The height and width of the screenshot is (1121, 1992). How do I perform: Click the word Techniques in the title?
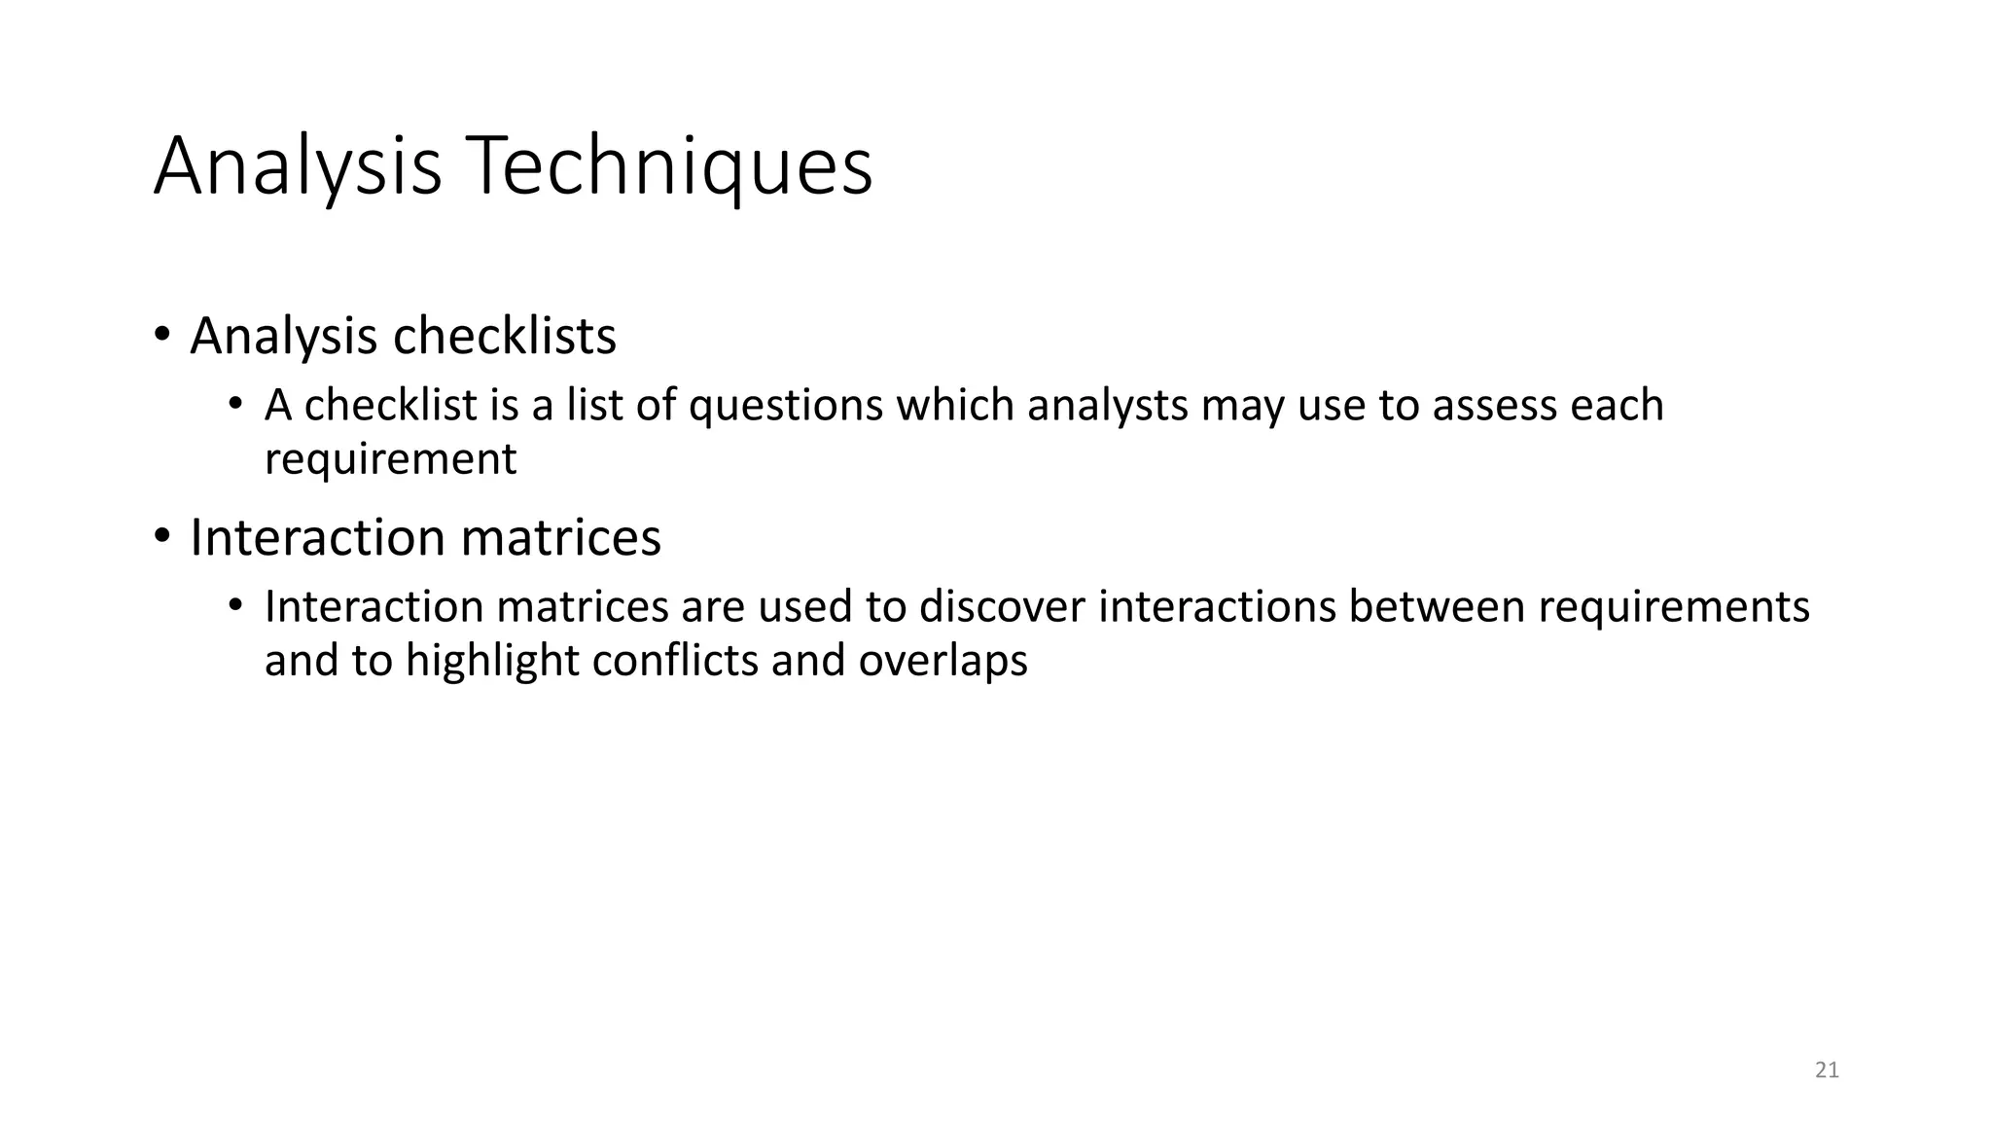click(669, 167)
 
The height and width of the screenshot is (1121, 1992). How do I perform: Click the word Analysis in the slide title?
click(298, 167)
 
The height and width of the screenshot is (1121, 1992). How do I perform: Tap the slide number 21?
click(1827, 1070)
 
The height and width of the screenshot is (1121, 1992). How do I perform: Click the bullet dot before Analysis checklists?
click(161, 335)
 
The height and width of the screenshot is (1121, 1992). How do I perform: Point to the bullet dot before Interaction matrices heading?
click(161, 536)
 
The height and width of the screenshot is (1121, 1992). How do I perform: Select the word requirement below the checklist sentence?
click(390, 458)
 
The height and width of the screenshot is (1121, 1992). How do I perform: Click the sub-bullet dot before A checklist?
click(234, 404)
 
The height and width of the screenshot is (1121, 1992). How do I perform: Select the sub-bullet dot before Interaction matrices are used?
click(234, 605)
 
